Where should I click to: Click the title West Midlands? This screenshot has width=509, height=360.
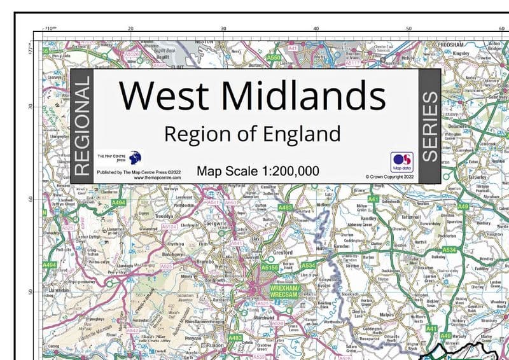(253, 95)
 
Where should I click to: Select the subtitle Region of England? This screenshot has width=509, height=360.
(252, 134)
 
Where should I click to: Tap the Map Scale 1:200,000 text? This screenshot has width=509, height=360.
(258, 170)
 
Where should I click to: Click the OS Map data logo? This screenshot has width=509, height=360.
(402, 160)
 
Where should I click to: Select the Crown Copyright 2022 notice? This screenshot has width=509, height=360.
(389, 176)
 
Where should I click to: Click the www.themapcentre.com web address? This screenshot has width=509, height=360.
(157, 178)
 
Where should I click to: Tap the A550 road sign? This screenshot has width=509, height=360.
(274, 58)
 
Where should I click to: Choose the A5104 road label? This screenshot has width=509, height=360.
(169, 226)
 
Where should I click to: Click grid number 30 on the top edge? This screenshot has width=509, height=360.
(223, 29)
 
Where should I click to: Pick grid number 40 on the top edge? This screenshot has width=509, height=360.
(316, 29)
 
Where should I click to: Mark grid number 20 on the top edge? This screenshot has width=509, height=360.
(130, 29)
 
